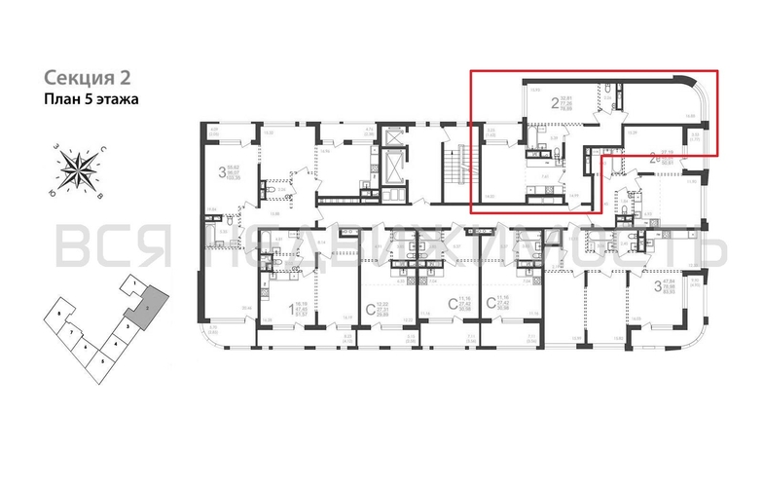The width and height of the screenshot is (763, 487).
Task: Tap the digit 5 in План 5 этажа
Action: click(84, 99)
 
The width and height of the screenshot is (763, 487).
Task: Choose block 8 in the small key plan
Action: click(60, 316)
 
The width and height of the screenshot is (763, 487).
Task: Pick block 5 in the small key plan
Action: click(102, 360)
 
